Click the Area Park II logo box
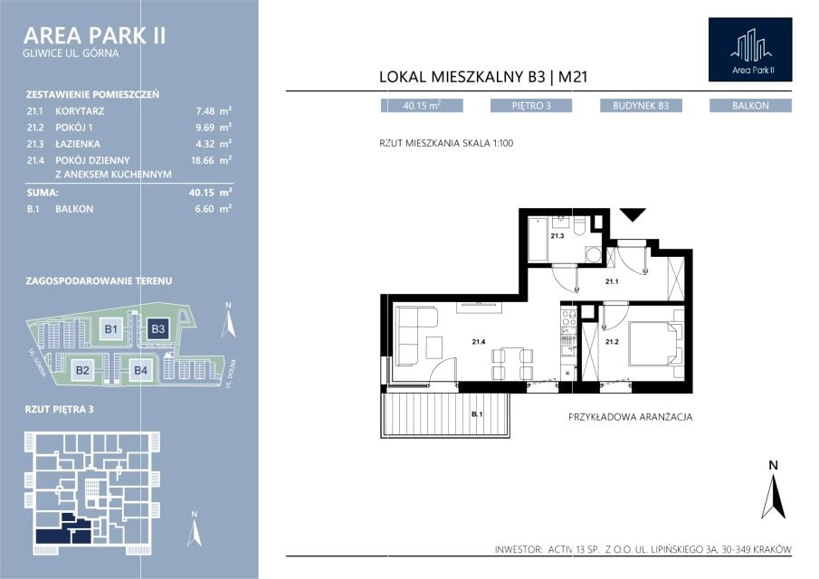click(750, 50)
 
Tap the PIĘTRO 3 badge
click(530, 106)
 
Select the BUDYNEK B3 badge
click(641, 106)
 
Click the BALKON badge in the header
click(750, 106)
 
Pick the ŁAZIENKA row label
click(78, 144)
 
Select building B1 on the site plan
click(111, 329)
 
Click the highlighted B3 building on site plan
click(157, 329)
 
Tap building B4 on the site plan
click(140, 370)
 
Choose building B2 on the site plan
click(82, 370)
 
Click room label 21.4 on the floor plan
click(479, 342)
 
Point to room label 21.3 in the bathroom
click(557, 236)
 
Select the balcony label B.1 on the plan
click(477, 414)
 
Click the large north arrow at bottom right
click(774, 489)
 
